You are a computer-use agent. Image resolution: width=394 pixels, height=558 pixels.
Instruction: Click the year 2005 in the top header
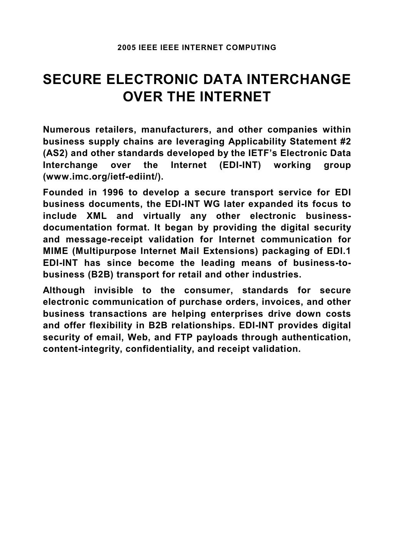click(126, 48)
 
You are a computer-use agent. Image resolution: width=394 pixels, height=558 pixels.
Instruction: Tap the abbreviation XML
click(95, 216)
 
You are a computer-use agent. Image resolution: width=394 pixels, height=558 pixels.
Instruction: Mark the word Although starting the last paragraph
click(64, 290)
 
